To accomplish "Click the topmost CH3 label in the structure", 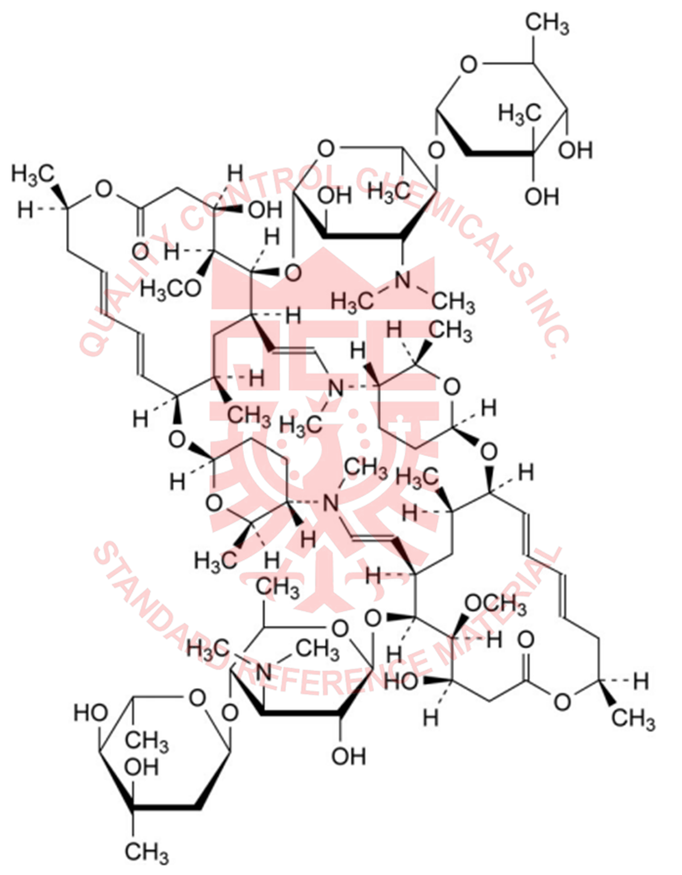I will pyautogui.click(x=546, y=23).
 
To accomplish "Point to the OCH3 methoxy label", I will pyautogui.click(x=494, y=605).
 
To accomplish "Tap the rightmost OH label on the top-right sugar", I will pyautogui.click(x=577, y=150).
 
